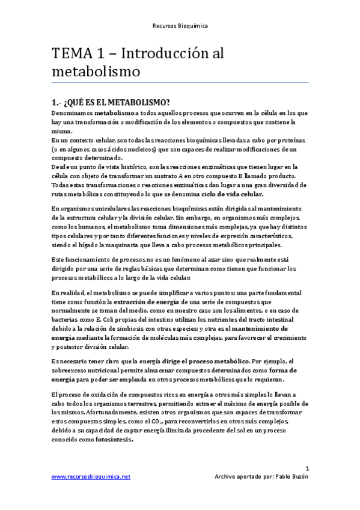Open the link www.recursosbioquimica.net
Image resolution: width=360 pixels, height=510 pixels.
click(91, 476)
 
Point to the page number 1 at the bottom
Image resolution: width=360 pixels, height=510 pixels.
click(307, 467)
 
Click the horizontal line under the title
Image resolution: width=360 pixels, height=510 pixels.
click(180, 82)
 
